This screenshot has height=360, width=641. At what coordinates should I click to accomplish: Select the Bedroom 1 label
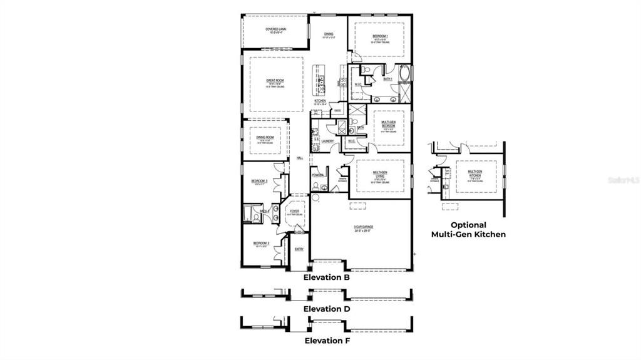[379, 36]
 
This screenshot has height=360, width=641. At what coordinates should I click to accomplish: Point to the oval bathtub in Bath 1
[404, 74]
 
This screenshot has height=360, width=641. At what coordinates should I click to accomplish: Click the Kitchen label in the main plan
[320, 100]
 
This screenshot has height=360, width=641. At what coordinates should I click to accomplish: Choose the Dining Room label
[265, 136]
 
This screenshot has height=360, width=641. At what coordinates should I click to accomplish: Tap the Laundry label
[327, 141]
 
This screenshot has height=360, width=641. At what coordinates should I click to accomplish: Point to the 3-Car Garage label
[362, 227]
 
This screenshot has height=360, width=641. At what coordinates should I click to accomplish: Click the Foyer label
[294, 212]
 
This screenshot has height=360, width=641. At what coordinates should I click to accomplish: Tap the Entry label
[299, 249]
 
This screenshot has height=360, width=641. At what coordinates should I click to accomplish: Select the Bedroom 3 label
[259, 181]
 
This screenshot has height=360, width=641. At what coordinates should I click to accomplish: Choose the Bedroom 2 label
[260, 243]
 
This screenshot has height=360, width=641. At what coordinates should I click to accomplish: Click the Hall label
[299, 158]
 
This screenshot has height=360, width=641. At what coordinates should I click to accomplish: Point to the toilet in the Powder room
[315, 197]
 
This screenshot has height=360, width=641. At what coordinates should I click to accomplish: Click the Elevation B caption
[326, 277]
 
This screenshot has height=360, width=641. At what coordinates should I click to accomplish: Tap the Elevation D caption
[326, 309]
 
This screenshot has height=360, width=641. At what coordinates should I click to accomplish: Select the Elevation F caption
[326, 341]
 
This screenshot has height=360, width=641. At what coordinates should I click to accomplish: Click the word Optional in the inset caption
[468, 225]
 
